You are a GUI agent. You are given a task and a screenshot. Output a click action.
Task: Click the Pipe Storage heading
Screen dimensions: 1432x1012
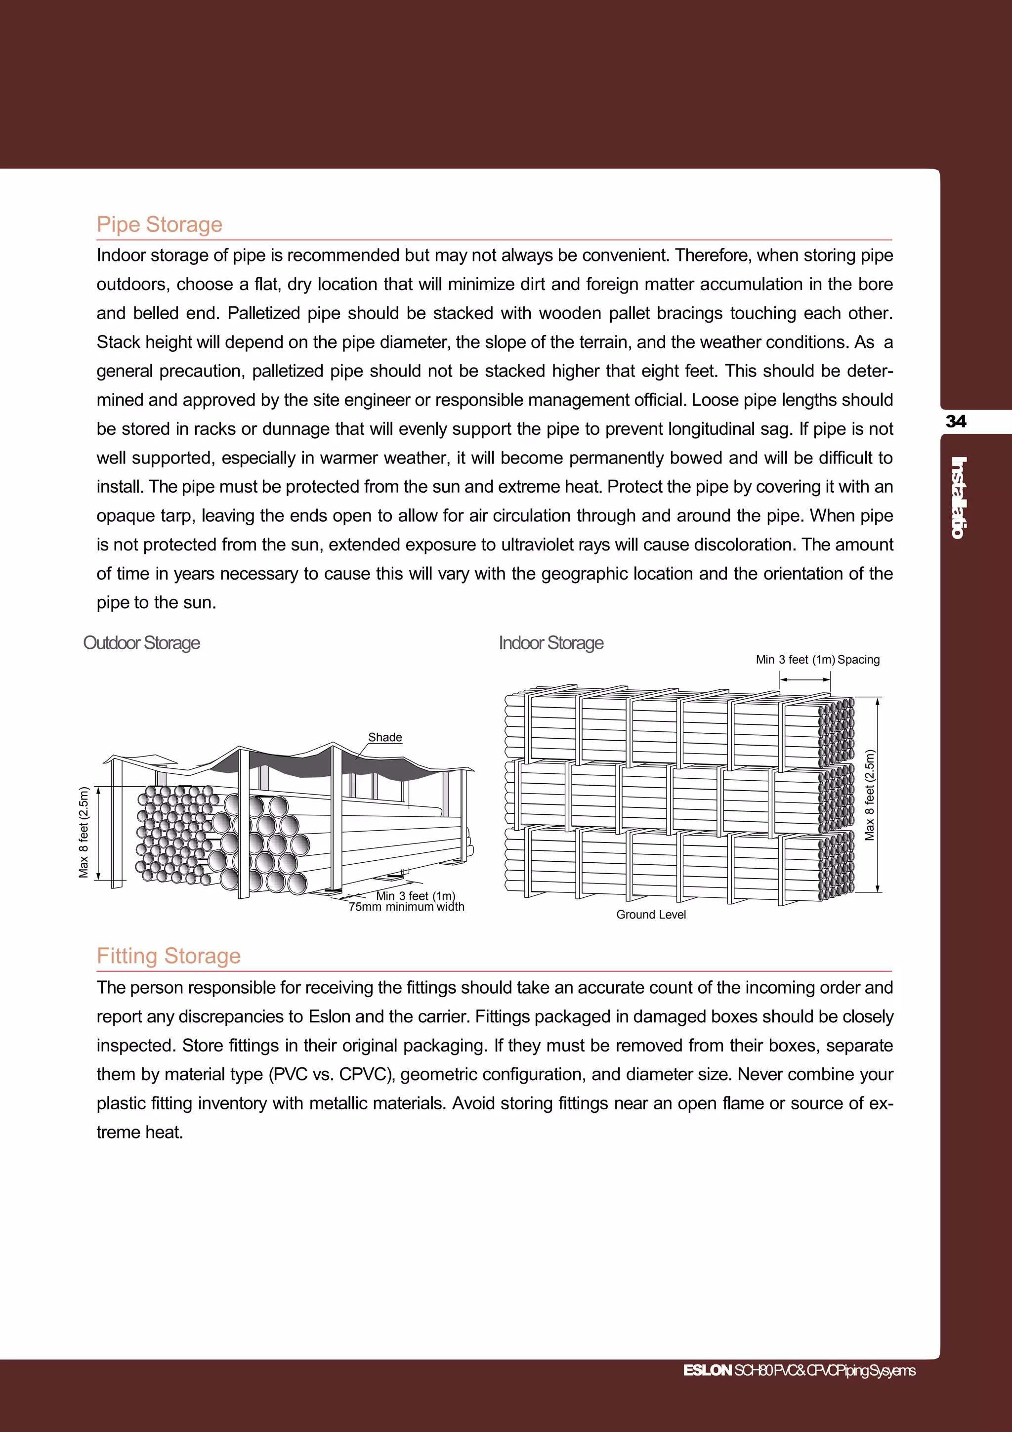point(160,224)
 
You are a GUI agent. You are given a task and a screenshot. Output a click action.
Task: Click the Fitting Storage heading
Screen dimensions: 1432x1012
point(169,956)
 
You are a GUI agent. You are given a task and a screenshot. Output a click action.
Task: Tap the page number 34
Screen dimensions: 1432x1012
point(956,421)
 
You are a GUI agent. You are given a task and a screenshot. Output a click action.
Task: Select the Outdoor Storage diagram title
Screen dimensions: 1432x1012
point(141,643)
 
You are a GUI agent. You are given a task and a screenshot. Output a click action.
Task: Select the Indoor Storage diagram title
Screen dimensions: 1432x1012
point(550,643)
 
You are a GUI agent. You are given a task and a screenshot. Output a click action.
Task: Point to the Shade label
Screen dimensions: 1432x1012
point(385,737)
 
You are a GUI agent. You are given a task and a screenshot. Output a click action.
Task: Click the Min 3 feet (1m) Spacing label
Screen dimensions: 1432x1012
point(817,660)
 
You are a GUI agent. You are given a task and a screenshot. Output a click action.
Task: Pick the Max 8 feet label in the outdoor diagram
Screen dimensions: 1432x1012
point(84,832)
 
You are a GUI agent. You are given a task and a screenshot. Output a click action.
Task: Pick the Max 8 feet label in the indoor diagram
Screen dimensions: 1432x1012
point(870,795)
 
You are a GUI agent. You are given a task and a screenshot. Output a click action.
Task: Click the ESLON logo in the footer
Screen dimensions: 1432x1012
point(707,1370)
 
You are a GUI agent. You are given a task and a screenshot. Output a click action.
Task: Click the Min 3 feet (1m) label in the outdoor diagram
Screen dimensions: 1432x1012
point(415,896)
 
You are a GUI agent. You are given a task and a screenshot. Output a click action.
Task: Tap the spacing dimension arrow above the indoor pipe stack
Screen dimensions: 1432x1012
point(805,680)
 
